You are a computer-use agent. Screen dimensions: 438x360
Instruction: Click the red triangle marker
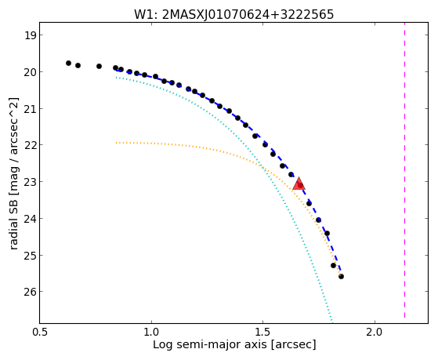[x=299, y=184]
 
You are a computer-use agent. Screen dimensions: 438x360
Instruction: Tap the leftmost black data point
[x=68, y=63]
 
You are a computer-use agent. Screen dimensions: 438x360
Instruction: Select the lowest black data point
[x=341, y=276]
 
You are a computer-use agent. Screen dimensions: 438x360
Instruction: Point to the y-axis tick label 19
[x=30, y=35]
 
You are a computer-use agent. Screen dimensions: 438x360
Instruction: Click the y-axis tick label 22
[x=30, y=145]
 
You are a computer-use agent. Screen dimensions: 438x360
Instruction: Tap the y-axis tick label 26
[x=30, y=292]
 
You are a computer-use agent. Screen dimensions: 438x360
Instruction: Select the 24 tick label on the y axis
[x=30, y=218]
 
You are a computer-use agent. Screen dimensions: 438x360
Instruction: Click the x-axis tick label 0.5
[x=40, y=332]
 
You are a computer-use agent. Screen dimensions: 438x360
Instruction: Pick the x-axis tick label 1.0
[x=151, y=332]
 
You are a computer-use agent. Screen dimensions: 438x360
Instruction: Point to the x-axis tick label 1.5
[x=262, y=332]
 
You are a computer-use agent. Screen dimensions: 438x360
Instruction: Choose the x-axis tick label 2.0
[x=375, y=332]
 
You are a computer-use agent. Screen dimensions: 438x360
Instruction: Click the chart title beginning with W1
[x=233, y=14]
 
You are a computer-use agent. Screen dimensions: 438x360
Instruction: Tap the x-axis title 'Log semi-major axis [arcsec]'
[x=234, y=344]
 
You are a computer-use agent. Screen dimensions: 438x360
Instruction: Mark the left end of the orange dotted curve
[x=117, y=143]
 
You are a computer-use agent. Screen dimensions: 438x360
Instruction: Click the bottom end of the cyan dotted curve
[x=332, y=320]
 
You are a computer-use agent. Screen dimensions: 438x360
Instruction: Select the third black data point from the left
[x=99, y=67]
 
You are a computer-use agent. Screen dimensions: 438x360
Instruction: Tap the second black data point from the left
[x=78, y=65]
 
